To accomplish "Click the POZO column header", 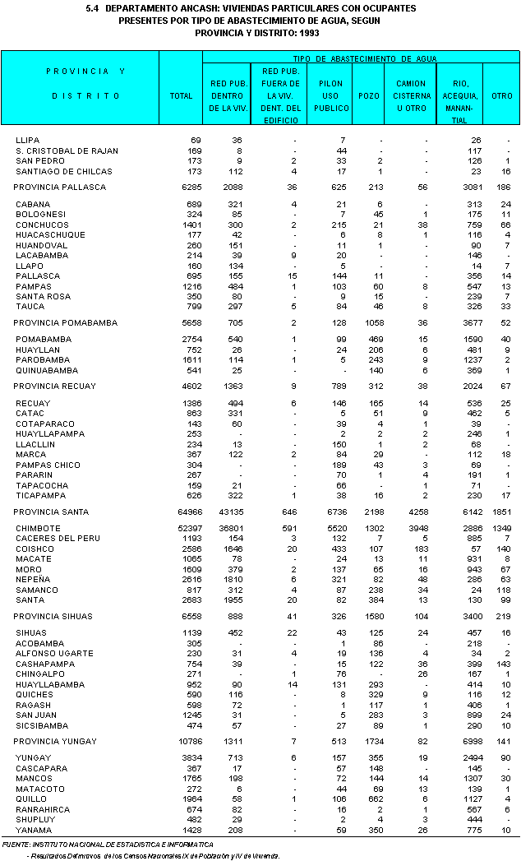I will [x=369, y=95].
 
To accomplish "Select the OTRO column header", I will [x=501, y=95].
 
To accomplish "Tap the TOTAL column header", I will [x=181, y=95].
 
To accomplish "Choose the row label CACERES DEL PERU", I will [x=58, y=538].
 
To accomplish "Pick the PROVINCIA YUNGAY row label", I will [x=55, y=742].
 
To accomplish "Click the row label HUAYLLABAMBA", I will [x=50, y=684].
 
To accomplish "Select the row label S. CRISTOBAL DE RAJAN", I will [x=67, y=150].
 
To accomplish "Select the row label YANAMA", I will [x=33, y=830].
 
